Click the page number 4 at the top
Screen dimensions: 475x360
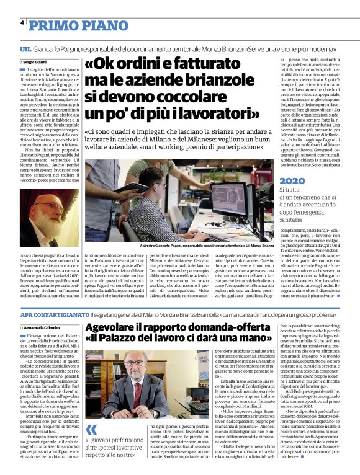[22, 23]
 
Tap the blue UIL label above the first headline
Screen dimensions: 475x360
[25, 48]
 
